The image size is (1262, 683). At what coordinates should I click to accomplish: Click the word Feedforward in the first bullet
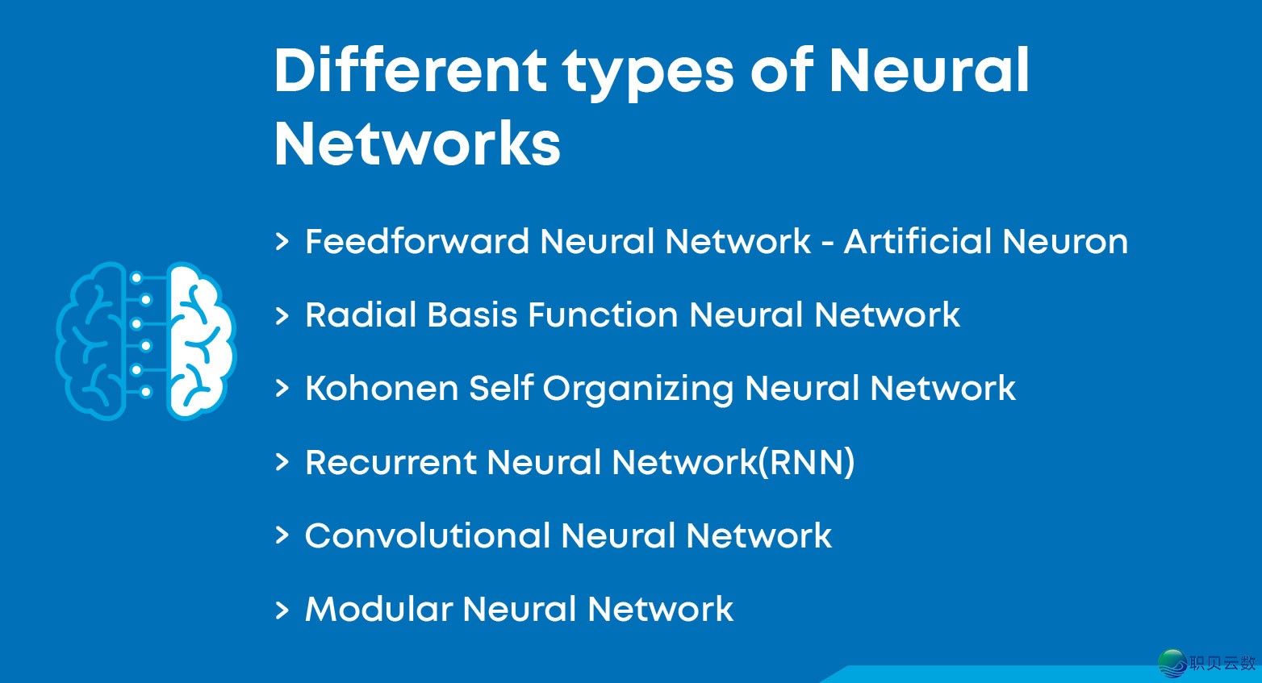coord(416,241)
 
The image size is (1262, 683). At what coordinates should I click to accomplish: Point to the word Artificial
coord(917,241)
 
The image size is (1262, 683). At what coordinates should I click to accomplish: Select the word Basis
coord(472,314)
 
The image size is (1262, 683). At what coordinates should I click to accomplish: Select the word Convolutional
coord(427,535)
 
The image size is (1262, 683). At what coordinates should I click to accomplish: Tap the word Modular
coord(378,609)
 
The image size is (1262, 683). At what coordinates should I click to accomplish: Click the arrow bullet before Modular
coord(282,610)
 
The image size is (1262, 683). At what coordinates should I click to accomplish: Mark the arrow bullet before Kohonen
coord(282,389)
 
